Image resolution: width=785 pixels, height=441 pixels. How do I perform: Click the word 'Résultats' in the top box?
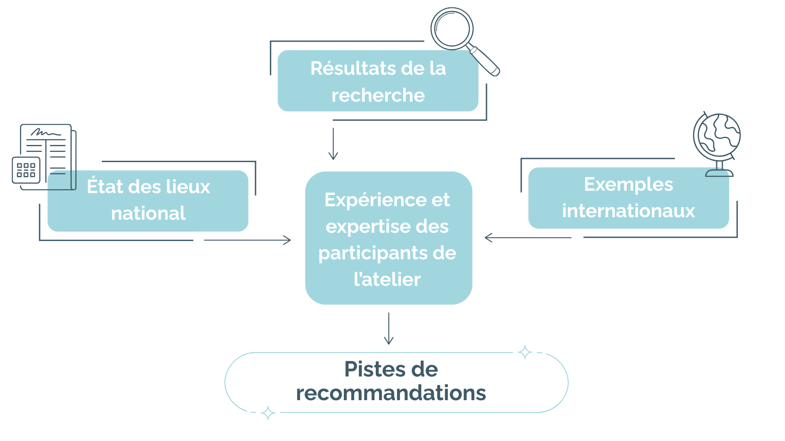click(x=345, y=68)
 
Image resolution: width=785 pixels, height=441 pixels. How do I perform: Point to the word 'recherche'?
click(x=378, y=96)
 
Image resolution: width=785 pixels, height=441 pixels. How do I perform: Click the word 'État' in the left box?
click(x=105, y=187)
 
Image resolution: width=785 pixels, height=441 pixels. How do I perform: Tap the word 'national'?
click(x=148, y=213)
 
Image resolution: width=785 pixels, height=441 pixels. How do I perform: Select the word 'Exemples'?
click(x=628, y=185)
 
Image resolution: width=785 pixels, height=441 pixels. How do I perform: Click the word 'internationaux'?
click(x=628, y=211)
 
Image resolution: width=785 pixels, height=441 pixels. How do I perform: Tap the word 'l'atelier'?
click(x=387, y=280)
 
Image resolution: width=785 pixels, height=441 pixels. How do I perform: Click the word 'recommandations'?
click(x=391, y=393)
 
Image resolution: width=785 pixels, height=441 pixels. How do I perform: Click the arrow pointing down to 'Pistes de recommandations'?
click(x=389, y=328)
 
